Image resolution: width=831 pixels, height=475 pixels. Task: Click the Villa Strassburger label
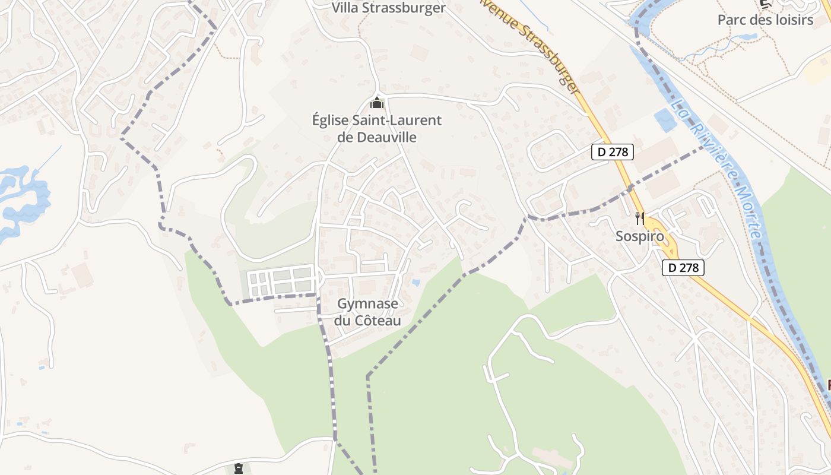(x=388, y=8)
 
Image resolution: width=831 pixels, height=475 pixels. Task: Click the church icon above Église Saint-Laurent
(x=377, y=102)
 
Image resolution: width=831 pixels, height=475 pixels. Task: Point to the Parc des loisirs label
(x=765, y=20)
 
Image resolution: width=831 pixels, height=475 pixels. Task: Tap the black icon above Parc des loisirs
(x=765, y=4)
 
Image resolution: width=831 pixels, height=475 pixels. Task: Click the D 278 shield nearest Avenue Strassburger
(x=613, y=152)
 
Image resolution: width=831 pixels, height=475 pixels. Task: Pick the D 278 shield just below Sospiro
(x=683, y=268)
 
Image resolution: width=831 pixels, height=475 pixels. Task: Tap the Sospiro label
(x=639, y=236)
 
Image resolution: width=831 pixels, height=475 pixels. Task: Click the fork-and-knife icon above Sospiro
(x=639, y=218)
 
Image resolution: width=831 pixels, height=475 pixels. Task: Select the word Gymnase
(x=367, y=304)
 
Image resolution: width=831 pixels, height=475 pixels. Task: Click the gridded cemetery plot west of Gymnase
(x=280, y=281)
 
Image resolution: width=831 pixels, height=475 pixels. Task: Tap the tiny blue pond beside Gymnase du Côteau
(x=415, y=283)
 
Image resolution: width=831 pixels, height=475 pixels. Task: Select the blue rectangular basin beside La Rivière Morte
(x=664, y=121)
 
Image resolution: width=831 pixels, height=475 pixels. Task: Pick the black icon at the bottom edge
(x=238, y=468)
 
